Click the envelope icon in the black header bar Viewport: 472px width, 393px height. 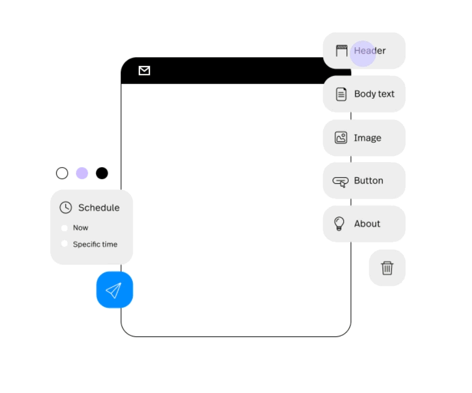pos(144,70)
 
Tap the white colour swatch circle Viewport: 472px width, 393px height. pos(62,173)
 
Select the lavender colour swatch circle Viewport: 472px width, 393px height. pos(82,173)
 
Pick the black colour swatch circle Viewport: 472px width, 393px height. pos(102,173)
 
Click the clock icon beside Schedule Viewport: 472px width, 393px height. pos(66,208)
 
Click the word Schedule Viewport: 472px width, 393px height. pos(99,208)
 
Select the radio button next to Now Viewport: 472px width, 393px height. pos(64,228)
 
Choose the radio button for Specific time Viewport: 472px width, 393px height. pos(64,244)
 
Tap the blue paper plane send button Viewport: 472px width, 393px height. pos(114,290)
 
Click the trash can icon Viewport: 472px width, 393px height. pos(387,268)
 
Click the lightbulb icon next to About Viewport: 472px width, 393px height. pos(339,224)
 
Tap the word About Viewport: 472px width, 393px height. pos(367,224)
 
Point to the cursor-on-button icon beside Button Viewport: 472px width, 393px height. pos(340,182)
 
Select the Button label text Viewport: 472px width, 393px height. pos(369,180)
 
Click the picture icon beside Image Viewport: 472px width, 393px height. pos(341,138)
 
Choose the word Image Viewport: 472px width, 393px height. pos(367,138)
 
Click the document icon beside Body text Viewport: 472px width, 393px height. pos(341,94)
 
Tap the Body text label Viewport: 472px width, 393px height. pos(374,94)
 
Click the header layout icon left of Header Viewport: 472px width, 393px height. pos(342,51)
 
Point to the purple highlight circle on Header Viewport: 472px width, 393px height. pos(363,53)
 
